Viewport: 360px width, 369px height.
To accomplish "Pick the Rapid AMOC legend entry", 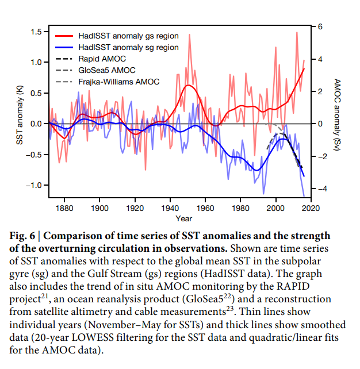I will point(102,59).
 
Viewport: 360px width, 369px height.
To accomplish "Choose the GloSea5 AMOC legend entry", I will point(107,70).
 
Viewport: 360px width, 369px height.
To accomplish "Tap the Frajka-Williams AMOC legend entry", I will point(119,82).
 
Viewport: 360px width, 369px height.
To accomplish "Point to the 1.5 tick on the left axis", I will point(36,31).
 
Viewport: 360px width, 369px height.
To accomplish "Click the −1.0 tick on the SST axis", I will point(34,185).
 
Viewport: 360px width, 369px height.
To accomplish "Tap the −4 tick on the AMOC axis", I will point(318,189).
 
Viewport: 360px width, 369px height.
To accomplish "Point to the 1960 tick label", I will point(205,207).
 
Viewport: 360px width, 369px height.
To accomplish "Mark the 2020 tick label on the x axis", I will point(311,207).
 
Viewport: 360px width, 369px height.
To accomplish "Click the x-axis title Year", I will point(184,218).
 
